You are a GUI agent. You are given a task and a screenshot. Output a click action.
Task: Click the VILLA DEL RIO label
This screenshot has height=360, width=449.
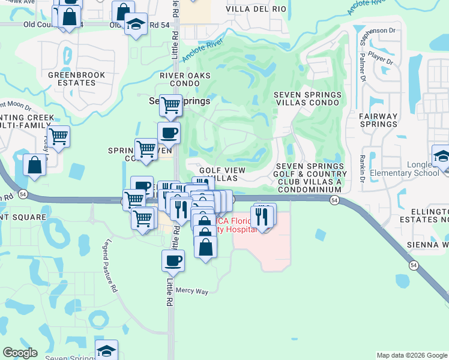click(x=252, y=9)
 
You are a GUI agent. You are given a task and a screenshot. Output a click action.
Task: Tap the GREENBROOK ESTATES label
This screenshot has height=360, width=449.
click(x=77, y=79)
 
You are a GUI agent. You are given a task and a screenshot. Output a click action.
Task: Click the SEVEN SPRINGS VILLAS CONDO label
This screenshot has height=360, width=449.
click(x=307, y=98)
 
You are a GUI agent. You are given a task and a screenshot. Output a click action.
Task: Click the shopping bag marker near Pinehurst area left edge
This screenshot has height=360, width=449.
click(x=34, y=164)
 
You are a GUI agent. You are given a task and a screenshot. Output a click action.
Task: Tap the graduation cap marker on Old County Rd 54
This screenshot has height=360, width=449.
click(x=136, y=25)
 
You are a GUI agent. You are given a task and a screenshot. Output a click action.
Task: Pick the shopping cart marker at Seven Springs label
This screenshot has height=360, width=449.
click(x=171, y=106)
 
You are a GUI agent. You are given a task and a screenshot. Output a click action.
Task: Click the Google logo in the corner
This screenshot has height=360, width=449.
click(x=20, y=353)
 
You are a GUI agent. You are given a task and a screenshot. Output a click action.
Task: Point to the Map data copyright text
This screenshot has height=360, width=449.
click(x=412, y=355)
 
